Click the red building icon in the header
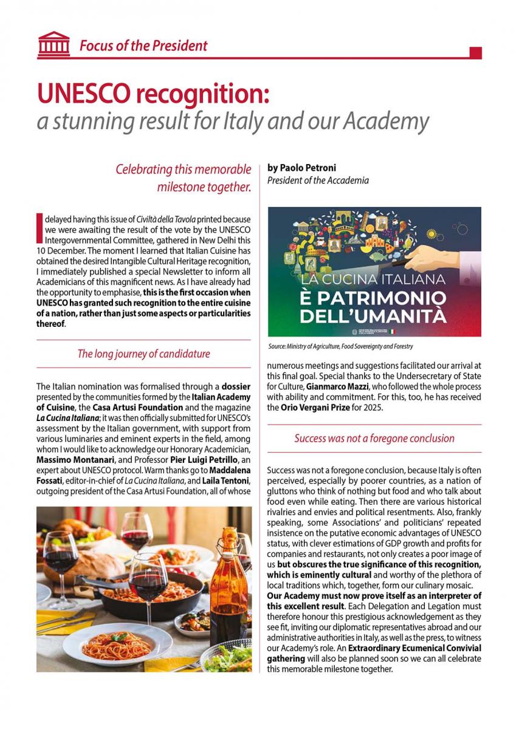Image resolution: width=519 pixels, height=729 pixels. tap(53, 44)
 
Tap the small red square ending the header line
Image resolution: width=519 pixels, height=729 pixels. tap(476, 53)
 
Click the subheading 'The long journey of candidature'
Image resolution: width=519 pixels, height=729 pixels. tap(143, 354)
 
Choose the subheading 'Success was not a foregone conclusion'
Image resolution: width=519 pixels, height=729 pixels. tap(374, 438)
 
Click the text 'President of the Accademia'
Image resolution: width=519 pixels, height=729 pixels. tap(318, 180)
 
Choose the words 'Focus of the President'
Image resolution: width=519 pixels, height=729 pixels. tap(143, 46)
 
